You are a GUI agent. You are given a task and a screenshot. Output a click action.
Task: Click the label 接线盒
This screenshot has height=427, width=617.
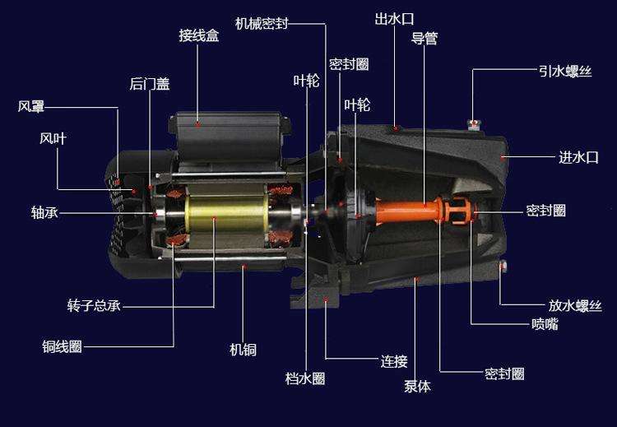click(x=199, y=35)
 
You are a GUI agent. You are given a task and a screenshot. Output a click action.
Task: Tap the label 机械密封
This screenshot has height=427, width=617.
click(x=262, y=24)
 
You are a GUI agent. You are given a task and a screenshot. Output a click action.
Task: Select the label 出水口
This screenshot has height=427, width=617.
click(x=394, y=18)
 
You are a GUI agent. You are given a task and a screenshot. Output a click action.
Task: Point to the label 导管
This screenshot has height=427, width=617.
click(x=424, y=39)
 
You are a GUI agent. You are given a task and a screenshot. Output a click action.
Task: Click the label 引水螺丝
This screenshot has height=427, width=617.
click(x=565, y=72)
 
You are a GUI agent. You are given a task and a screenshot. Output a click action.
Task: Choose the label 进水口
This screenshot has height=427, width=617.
click(x=578, y=157)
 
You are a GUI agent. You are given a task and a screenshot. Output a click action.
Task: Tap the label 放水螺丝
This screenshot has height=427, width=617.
click(x=575, y=306)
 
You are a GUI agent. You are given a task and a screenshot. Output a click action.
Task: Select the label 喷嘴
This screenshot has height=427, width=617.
click(x=545, y=324)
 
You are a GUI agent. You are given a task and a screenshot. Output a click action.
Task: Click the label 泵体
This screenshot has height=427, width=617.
click(x=417, y=386)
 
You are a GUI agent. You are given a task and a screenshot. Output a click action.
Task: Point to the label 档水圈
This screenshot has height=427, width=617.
click(x=305, y=378)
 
